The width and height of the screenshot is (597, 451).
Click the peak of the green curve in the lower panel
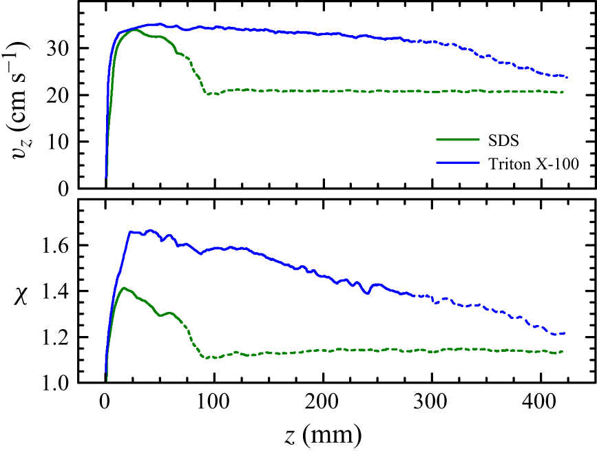click(124, 288)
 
